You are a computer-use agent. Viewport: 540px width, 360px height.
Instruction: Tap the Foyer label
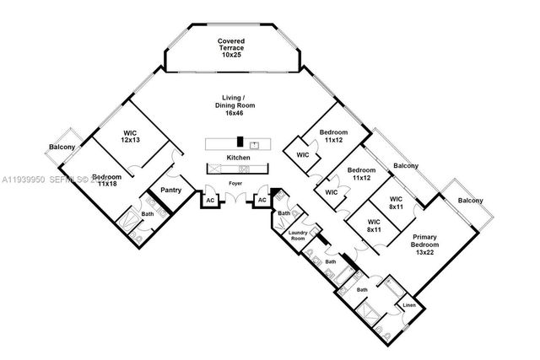point(235,180)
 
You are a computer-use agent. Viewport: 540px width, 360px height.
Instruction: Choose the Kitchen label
point(238,158)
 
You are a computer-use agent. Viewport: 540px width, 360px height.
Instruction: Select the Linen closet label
point(409,305)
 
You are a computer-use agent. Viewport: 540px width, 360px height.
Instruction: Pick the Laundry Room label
point(297,234)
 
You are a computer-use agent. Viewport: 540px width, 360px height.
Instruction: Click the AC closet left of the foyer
point(209,201)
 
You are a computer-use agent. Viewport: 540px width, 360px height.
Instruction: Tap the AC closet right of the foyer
point(262,201)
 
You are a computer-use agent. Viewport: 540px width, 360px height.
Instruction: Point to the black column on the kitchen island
point(240,142)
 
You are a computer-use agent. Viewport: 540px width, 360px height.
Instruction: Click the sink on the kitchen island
point(264,142)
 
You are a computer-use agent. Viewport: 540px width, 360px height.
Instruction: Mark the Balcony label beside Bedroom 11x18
point(62,148)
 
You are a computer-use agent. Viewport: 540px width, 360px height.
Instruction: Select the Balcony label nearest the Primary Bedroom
point(471,201)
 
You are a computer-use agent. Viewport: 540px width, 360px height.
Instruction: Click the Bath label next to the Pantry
point(147,214)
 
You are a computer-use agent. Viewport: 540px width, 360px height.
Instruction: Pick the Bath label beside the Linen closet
point(362,290)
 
